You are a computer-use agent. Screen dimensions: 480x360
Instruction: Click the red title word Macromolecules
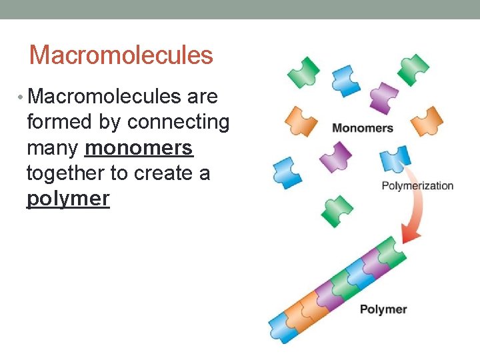pos(121,55)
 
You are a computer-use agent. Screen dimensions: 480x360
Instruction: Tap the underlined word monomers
pos(139,148)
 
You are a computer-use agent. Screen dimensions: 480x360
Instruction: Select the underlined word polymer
pos(67,199)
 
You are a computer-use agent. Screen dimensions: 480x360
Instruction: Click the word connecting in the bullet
pos(178,123)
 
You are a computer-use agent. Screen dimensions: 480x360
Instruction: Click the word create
pos(163,173)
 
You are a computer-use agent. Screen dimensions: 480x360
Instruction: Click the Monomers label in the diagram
pos(362,128)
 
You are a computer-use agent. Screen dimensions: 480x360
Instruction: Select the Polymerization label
pos(417,186)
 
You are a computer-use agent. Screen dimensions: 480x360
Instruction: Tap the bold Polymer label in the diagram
pos(383,309)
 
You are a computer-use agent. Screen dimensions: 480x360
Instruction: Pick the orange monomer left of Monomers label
pos(300,121)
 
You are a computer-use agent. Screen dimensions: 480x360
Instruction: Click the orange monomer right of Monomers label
pos(427,121)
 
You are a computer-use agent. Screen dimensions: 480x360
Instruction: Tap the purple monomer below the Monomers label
pos(335,157)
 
